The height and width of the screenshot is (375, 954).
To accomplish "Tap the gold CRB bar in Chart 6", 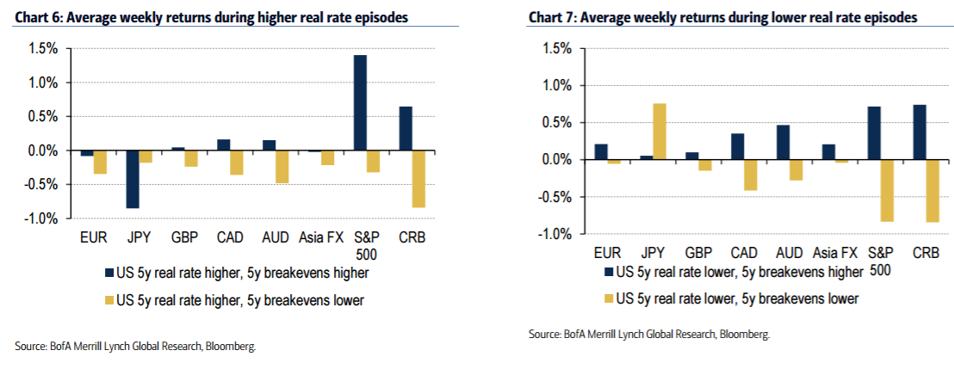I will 418,179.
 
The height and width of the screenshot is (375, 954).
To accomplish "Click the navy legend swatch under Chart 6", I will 108,274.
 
